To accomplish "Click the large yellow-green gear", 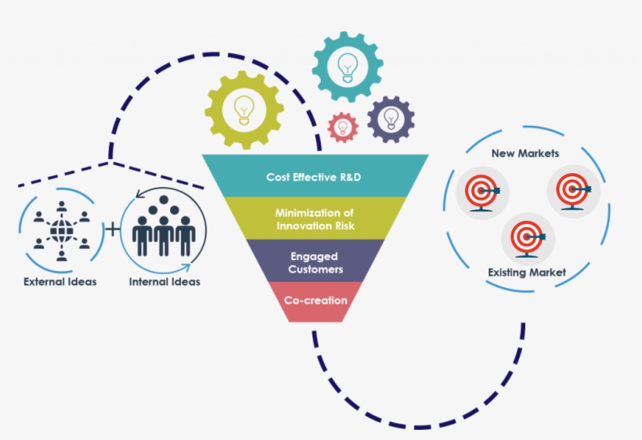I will [244, 110].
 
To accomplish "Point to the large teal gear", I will [348, 67].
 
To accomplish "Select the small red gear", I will [342, 127].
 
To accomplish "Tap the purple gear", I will [390, 119].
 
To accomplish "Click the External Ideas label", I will [60, 282].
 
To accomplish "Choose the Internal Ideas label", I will [164, 282].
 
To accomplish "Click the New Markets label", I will [525, 153].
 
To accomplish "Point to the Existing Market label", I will [527, 272].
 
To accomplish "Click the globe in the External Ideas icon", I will [61, 229].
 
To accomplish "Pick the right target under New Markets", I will [572, 189].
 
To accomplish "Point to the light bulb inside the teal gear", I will [348, 67].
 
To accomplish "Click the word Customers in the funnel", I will [316, 269].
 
